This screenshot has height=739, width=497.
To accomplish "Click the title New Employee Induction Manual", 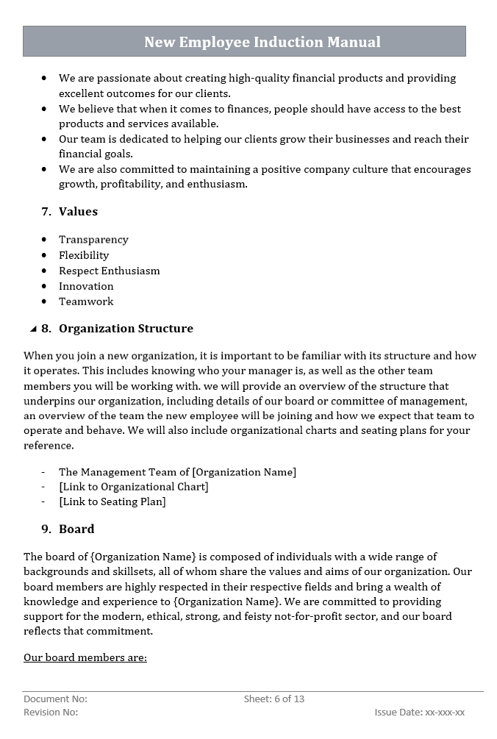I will [x=262, y=42].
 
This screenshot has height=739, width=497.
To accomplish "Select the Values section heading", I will [x=78, y=212].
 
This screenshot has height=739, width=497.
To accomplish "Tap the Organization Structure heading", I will [x=126, y=329].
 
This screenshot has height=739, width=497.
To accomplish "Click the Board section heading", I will [x=76, y=529].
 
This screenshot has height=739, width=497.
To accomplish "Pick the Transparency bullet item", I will [x=93, y=240].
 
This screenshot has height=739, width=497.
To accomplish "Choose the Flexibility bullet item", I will [x=84, y=255].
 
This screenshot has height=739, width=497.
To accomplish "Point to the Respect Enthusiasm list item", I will [x=109, y=271].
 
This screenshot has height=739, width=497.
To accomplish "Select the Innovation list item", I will [x=86, y=286].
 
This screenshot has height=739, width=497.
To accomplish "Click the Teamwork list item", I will [x=86, y=301].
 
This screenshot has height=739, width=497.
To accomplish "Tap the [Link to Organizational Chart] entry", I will [x=133, y=487].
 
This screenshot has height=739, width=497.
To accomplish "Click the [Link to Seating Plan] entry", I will [x=112, y=501].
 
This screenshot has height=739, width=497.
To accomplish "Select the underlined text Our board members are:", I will [x=85, y=657].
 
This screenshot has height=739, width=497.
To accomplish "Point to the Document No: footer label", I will [x=55, y=699].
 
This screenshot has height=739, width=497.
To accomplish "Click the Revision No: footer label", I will [x=51, y=712].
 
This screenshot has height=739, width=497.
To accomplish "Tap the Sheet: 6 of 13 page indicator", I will [x=273, y=699].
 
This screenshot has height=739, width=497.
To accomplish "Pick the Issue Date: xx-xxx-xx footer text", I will [x=419, y=712].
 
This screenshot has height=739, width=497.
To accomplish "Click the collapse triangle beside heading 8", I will [x=33, y=329].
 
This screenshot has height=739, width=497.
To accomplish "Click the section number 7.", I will [x=46, y=212].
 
